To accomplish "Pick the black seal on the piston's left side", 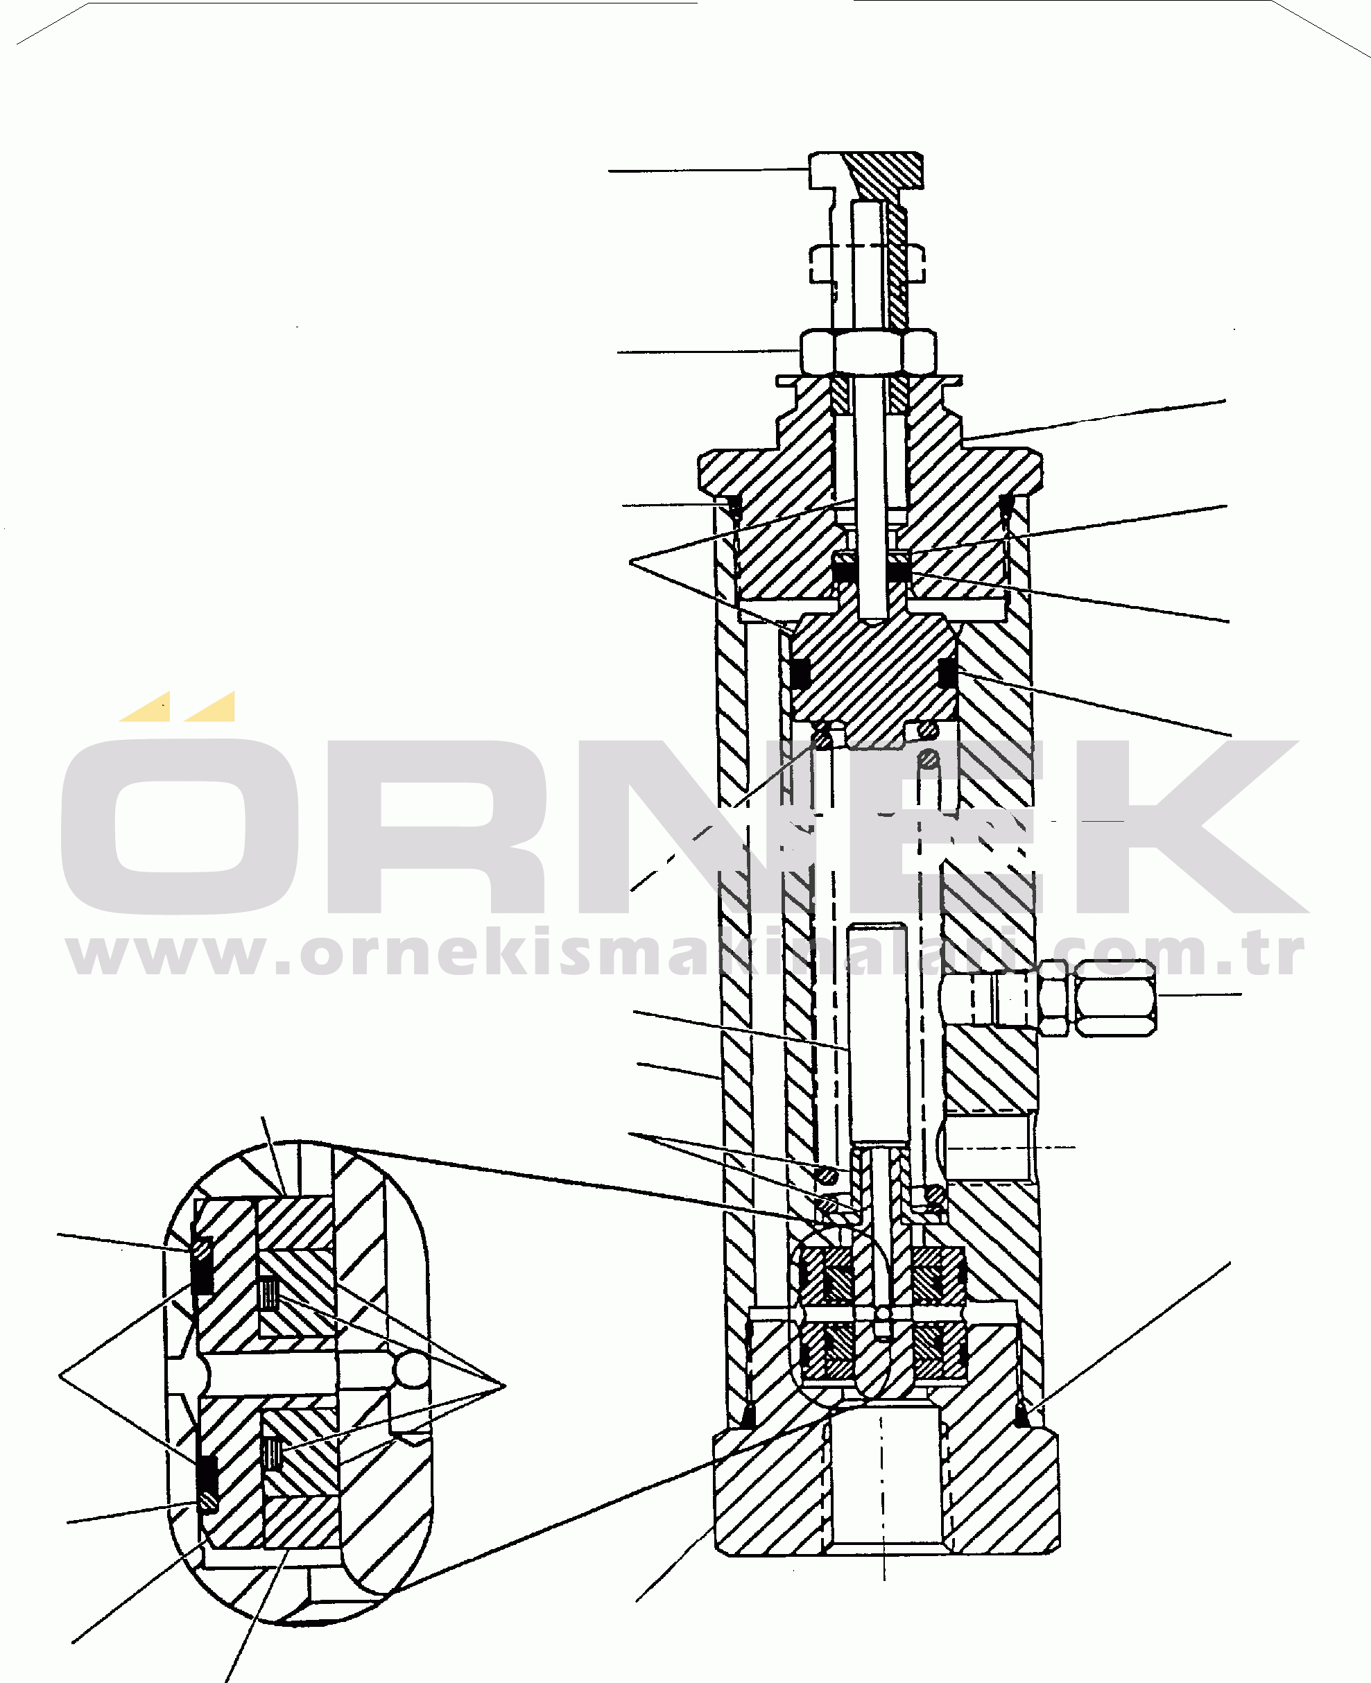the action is pyautogui.click(x=801, y=672).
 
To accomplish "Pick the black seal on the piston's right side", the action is pyautogui.click(x=948, y=672).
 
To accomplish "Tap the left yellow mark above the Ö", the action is pyautogui.click(x=146, y=707).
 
